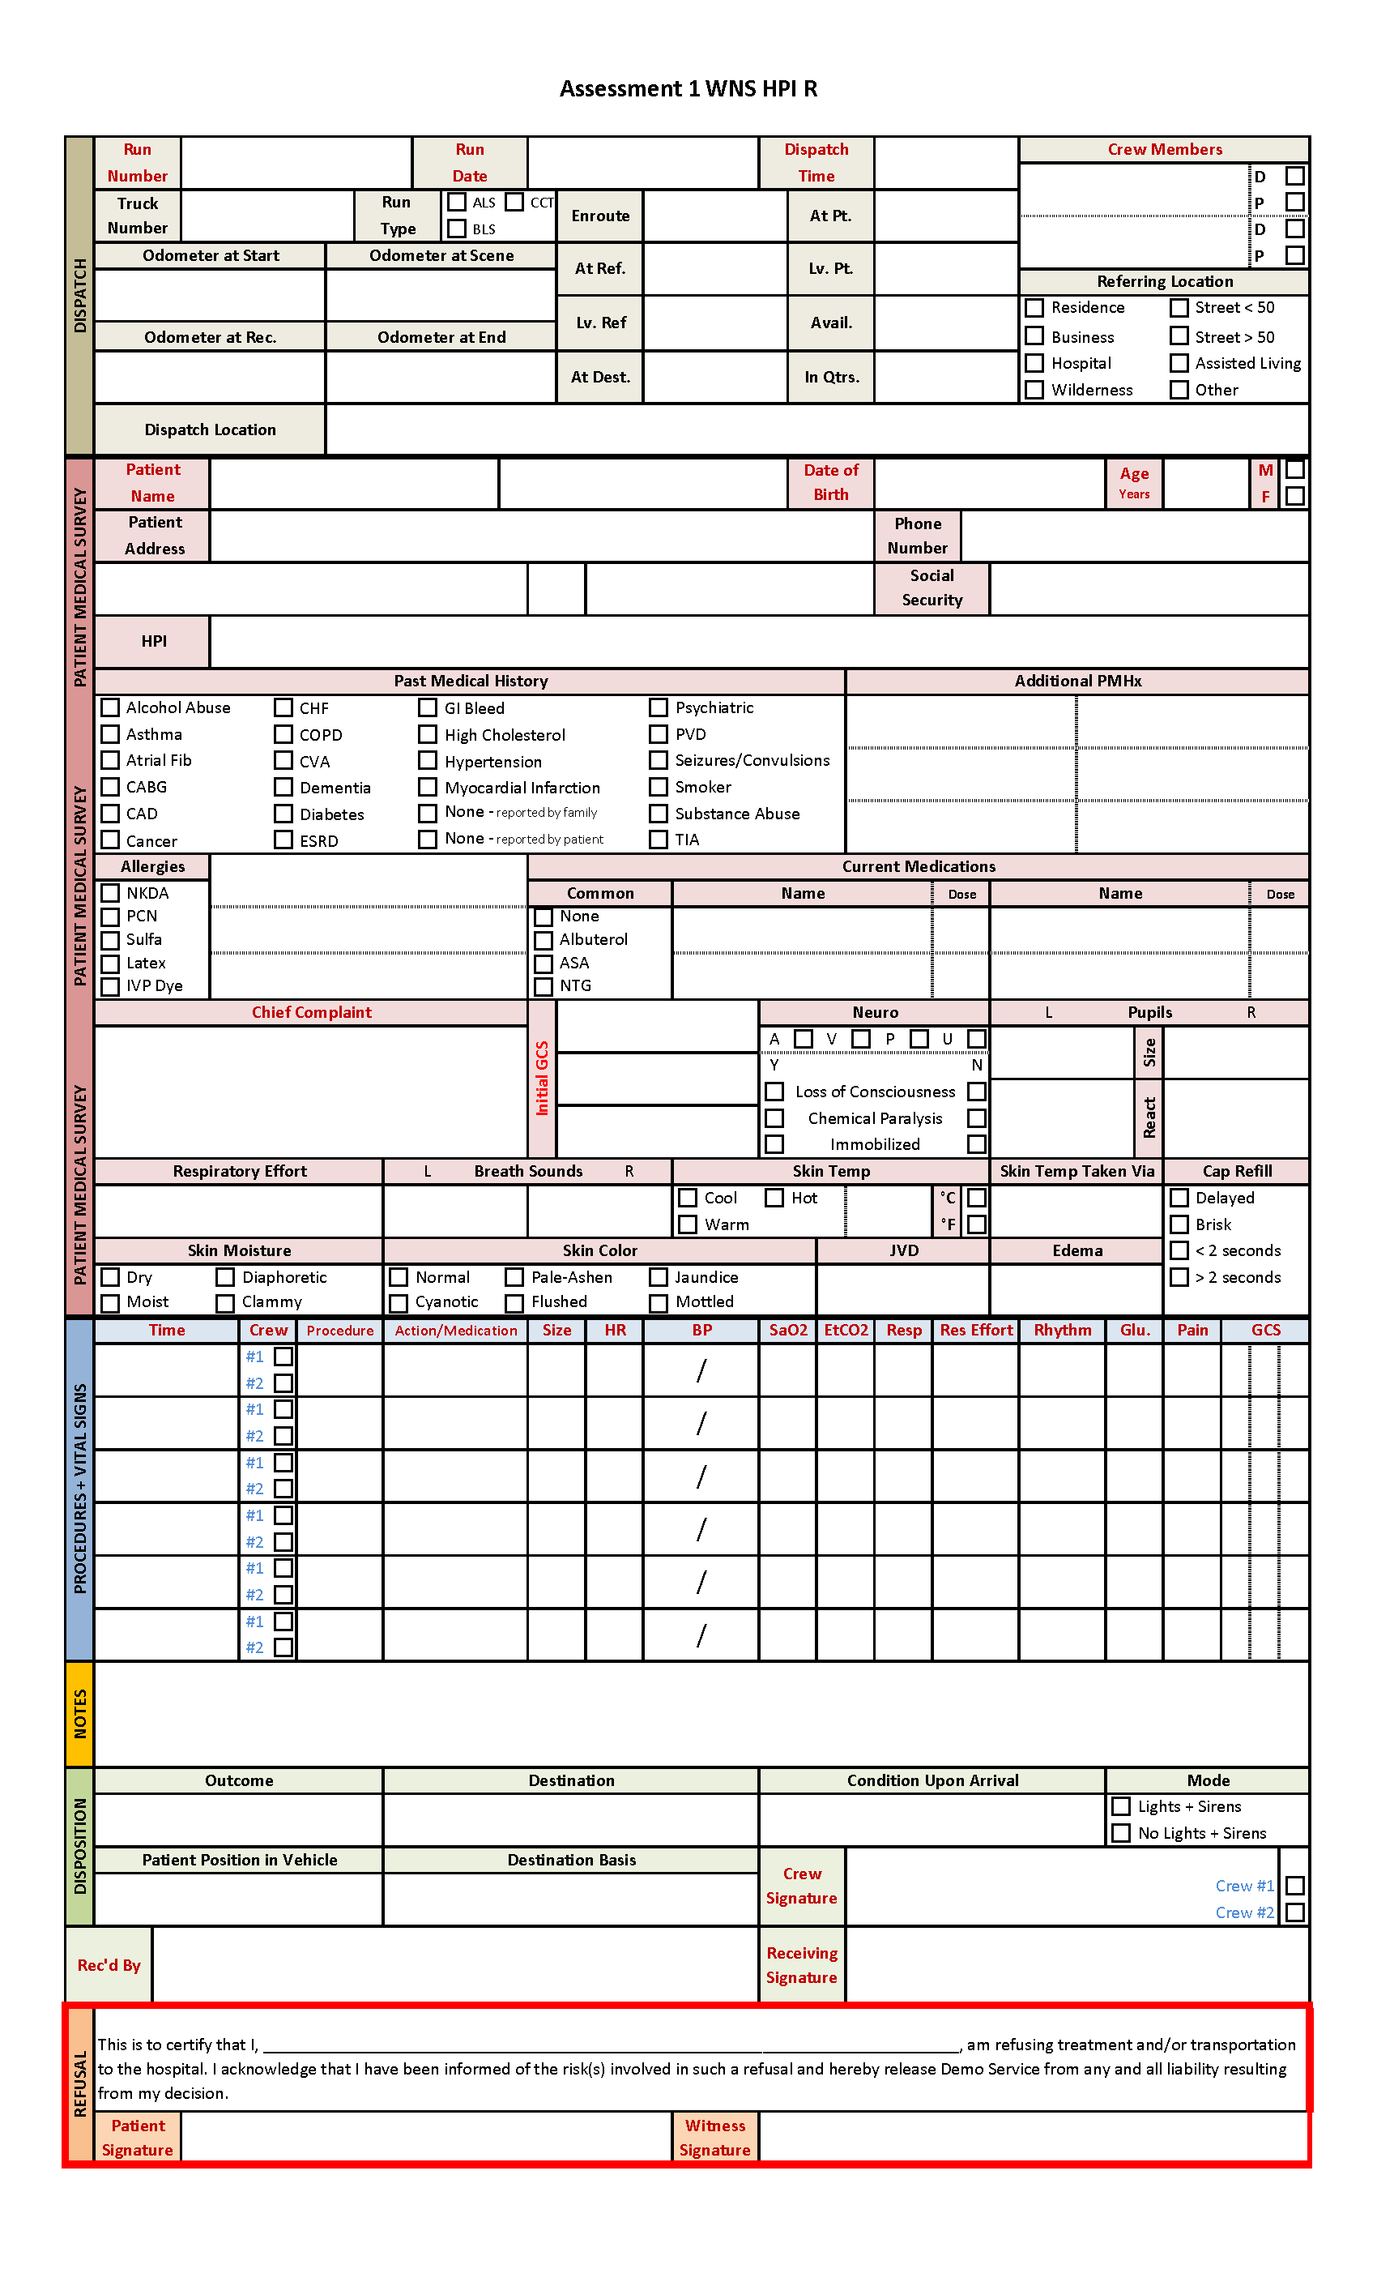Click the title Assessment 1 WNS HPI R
pyautogui.click(x=688, y=88)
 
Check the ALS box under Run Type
pyautogui.click(x=457, y=202)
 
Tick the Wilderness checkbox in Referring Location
pyautogui.click(x=1034, y=390)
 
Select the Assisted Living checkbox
pyautogui.click(x=1179, y=363)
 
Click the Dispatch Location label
pyautogui.click(x=210, y=430)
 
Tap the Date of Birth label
pyautogui.click(x=830, y=482)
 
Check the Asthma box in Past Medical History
pyautogui.click(x=110, y=734)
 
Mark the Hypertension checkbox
pyautogui.click(x=428, y=761)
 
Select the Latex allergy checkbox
pyautogui.click(x=110, y=964)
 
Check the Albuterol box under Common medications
pyautogui.click(x=544, y=940)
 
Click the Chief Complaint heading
pyautogui.click(x=311, y=1012)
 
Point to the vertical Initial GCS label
pyautogui.click(x=542, y=1079)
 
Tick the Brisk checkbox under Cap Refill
pyautogui.click(x=1179, y=1224)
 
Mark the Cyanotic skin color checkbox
pyautogui.click(x=399, y=1303)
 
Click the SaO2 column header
pyautogui.click(x=788, y=1331)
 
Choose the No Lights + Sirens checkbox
pyautogui.click(x=1121, y=1833)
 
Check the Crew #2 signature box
pyautogui.click(x=1294, y=1912)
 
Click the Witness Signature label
pyautogui.click(x=714, y=2138)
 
